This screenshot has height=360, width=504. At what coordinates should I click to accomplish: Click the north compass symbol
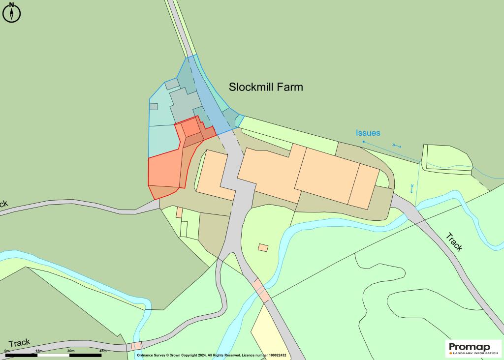tap(12, 12)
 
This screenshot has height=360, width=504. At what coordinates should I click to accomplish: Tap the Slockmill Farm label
tap(266, 87)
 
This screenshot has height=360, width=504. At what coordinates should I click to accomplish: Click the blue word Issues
tap(368, 133)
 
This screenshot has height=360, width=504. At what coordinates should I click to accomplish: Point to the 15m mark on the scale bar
tap(38, 351)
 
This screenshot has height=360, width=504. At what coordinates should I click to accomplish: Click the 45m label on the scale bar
tap(103, 351)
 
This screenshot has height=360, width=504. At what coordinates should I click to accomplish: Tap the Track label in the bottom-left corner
tap(19, 343)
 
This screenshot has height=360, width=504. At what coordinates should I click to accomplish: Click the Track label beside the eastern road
tap(454, 241)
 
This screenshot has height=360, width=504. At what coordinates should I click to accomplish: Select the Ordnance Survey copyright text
tap(212, 355)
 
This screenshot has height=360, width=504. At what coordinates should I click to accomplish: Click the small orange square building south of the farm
tap(263, 247)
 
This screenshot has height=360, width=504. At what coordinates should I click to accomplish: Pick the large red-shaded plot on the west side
tap(165, 170)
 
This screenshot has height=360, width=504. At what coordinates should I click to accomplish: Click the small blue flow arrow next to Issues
tap(397, 146)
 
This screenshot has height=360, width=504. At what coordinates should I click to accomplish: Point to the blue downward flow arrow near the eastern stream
tap(411, 188)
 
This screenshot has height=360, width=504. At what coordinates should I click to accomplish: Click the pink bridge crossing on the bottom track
tap(136, 346)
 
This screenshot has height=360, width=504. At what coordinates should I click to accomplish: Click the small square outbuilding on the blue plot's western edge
tap(154, 106)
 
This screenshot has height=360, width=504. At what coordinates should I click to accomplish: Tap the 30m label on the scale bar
tap(71, 351)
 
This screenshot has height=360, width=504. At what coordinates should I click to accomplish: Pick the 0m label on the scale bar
tap(7, 351)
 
